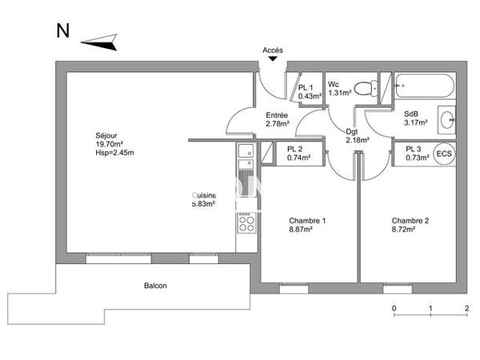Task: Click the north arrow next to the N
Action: pos(99,40)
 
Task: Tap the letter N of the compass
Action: pos(62,31)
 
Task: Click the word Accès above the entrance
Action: pos(273,50)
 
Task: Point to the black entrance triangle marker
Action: pos(273,58)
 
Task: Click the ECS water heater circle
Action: pos(443,154)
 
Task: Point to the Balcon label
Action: pos(155,286)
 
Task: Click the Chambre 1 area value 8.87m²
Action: pos(301,229)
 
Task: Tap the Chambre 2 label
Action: pos(410,221)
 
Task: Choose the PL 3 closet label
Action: pos(413,149)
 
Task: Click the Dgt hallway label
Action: pos(352,132)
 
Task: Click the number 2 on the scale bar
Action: pos(466,308)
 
